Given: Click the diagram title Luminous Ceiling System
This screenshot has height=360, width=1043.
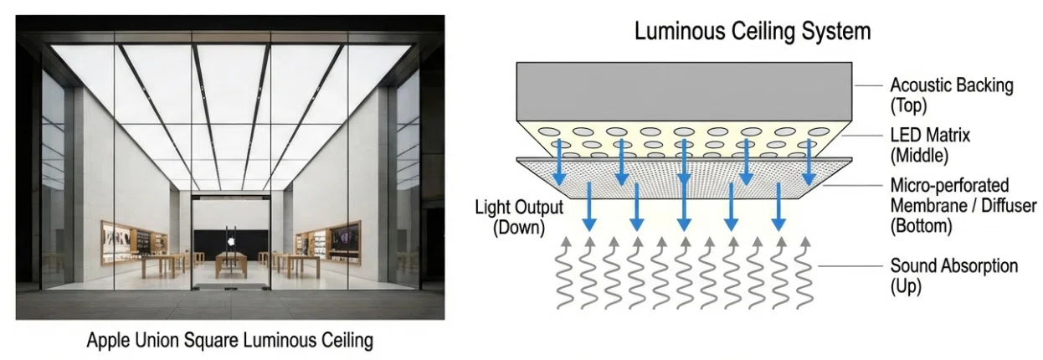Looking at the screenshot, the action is pyautogui.click(x=753, y=32).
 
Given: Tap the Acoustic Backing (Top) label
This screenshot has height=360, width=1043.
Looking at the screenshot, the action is pyautogui.click(x=951, y=95).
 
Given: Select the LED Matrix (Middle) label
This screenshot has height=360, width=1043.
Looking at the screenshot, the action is pyautogui.click(x=930, y=146).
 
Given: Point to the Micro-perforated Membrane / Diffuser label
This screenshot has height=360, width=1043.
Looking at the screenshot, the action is pyautogui.click(x=963, y=205).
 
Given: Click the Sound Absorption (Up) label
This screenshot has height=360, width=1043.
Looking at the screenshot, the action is pyautogui.click(x=953, y=275).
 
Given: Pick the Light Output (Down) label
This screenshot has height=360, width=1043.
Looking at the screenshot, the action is pyautogui.click(x=519, y=218).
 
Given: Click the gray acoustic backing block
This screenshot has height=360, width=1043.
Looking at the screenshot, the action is pyautogui.click(x=684, y=92).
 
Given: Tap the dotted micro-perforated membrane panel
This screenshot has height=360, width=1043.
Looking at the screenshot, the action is pyautogui.click(x=684, y=178).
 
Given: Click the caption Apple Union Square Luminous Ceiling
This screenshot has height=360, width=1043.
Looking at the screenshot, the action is pyautogui.click(x=230, y=341).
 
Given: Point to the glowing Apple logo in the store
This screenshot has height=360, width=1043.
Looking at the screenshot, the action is pyautogui.click(x=230, y=241).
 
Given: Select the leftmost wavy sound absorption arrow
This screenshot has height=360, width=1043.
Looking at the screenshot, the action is pyautogui.click(x=565, y=274).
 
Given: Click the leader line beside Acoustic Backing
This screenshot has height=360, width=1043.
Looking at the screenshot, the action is pyautogui.click(x=869, y=85).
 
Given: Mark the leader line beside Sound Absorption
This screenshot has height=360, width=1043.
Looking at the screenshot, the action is pyautogui.click(x=850, y=266).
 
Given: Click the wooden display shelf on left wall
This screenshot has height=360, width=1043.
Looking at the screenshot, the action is pyautogui.click(x=134, y=242).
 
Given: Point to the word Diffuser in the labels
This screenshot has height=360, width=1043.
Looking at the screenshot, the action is pyautogui.click(x=1009, y=205).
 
